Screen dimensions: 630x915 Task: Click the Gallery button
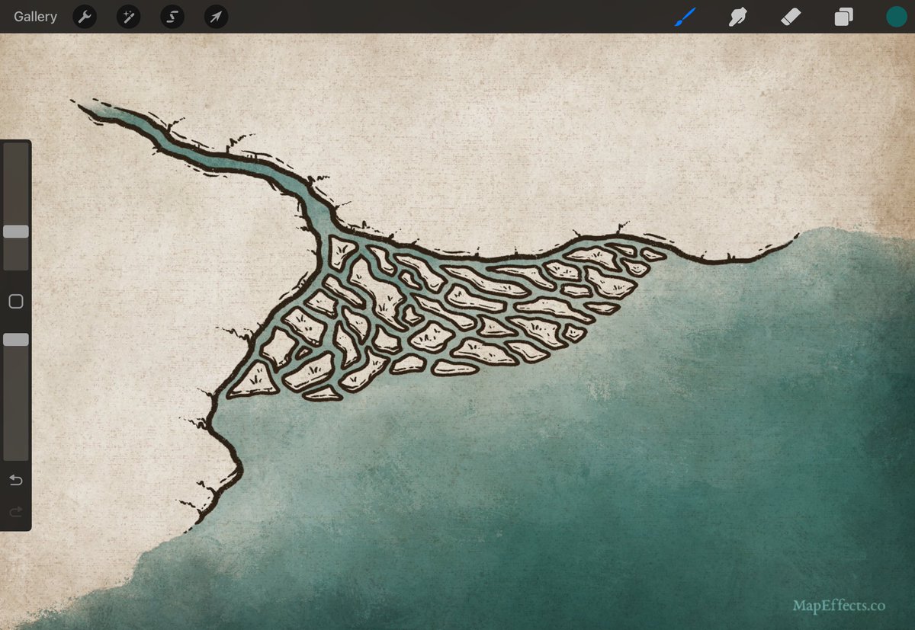[35, 17]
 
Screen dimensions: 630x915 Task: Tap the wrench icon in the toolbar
[85, 17]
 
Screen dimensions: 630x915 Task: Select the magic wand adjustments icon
[128, 17]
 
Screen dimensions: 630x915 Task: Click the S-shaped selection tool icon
[172, 17]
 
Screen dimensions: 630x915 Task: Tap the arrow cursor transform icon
[216, 17]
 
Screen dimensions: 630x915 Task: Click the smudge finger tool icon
[737, 17]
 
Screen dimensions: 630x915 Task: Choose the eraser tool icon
[791, 17]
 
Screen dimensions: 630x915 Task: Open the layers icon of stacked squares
[843, 17]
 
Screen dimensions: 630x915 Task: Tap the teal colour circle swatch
[896, 17]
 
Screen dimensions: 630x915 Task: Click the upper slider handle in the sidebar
[16, 232]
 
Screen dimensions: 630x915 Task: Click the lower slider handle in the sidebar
[16, 340]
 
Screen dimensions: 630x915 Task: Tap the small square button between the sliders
[16, 302]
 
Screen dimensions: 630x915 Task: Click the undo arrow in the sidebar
[16, 480]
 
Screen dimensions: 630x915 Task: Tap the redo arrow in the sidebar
[16, 512]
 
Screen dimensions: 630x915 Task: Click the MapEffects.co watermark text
[839, 606]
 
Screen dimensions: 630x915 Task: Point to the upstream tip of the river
[79, 105]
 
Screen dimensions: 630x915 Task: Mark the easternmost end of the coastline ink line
[798, 235]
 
